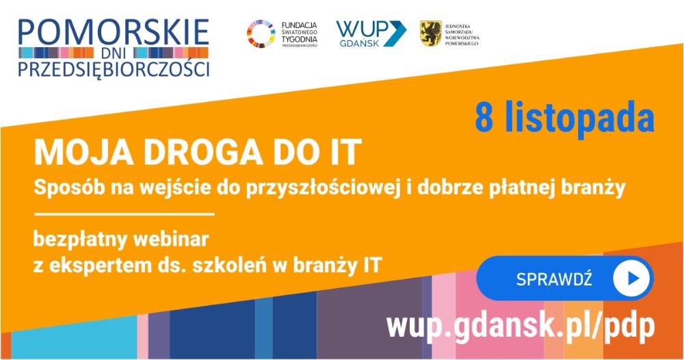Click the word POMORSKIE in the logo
click(x=114, y=32)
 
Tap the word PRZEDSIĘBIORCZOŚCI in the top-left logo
click(x=114, y=69)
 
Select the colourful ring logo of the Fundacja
click(x=261, y=34)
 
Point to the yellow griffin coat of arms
click(x=430, y=33)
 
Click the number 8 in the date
click(x=484, y=118)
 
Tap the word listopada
click(x=580, y=118)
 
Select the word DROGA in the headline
click(x=203, y=153)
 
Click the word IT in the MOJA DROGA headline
click(x=346, y=153)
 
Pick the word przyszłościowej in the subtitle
click(x=324, y=188)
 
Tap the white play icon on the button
click(x=631, y=279)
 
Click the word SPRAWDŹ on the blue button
click(x=554, y=279)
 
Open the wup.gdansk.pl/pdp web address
click(x=521, y=326)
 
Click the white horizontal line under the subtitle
click(x=124, y=214)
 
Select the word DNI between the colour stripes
click(x=113, y=53)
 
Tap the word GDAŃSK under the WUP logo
click(x=360, y=43)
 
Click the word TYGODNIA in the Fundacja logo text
click(x=300, y=39)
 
